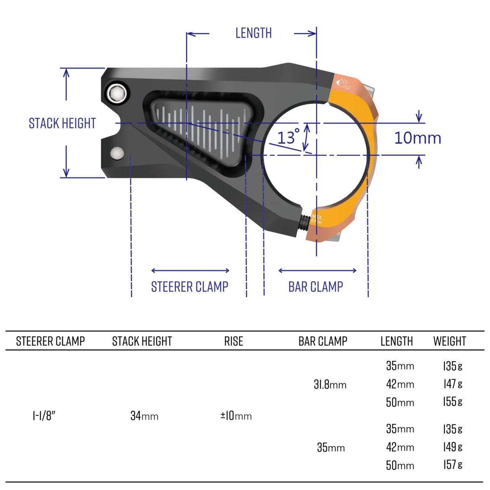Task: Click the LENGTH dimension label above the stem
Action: pos(253,33)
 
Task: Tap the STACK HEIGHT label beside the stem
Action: pos(62,123)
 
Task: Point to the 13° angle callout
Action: pos(288,137)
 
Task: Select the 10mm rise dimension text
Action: pos(417,138)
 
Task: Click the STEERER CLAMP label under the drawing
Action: pos(189,287)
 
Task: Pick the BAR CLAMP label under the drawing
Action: pos(316,287)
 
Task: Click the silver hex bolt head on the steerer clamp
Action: pos(117,94)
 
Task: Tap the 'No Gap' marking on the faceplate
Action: pos(344,84)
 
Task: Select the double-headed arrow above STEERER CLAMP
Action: pos(190,270)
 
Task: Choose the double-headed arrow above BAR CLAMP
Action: pos(317,270)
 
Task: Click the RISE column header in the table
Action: pos(234,341)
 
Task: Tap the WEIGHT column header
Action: pos(449,341)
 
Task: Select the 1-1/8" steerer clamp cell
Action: pos(44,416)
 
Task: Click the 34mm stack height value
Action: pos(144,416)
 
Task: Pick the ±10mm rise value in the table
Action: pos(236,416)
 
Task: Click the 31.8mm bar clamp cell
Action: pos(330,384)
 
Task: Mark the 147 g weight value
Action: pos(452,384)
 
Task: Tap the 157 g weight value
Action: pos(452,465)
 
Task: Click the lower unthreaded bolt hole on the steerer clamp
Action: pos(117,153)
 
